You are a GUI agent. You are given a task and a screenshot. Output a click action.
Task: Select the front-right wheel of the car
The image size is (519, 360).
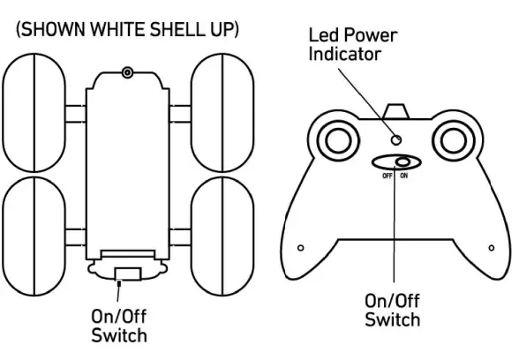[221, 112]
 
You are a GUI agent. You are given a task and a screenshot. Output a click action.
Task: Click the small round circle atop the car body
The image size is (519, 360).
[128, 71]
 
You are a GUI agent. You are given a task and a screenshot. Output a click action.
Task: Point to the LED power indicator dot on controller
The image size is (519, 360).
[397, 139]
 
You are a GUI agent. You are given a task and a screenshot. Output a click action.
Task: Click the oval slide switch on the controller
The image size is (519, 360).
[395, 161]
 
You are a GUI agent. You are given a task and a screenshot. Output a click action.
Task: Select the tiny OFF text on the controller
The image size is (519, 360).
[387, 176]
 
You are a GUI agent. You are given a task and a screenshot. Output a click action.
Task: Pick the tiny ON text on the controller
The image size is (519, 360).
[405, 176]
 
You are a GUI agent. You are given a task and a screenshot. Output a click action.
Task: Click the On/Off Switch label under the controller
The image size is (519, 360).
[393, 309]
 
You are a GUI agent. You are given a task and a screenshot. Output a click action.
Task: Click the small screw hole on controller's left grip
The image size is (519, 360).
[301, 247]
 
